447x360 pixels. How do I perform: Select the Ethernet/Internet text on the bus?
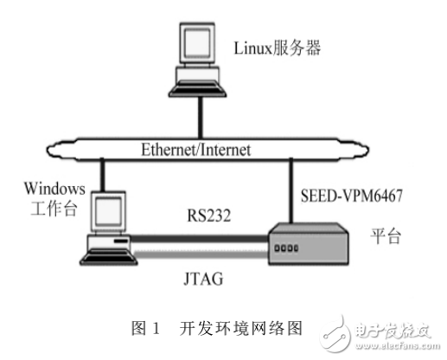[195, 150]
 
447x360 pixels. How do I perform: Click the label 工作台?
[47, 208]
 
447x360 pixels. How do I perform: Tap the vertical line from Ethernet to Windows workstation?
[103, 177]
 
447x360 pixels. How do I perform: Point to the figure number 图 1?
[144, 328]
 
